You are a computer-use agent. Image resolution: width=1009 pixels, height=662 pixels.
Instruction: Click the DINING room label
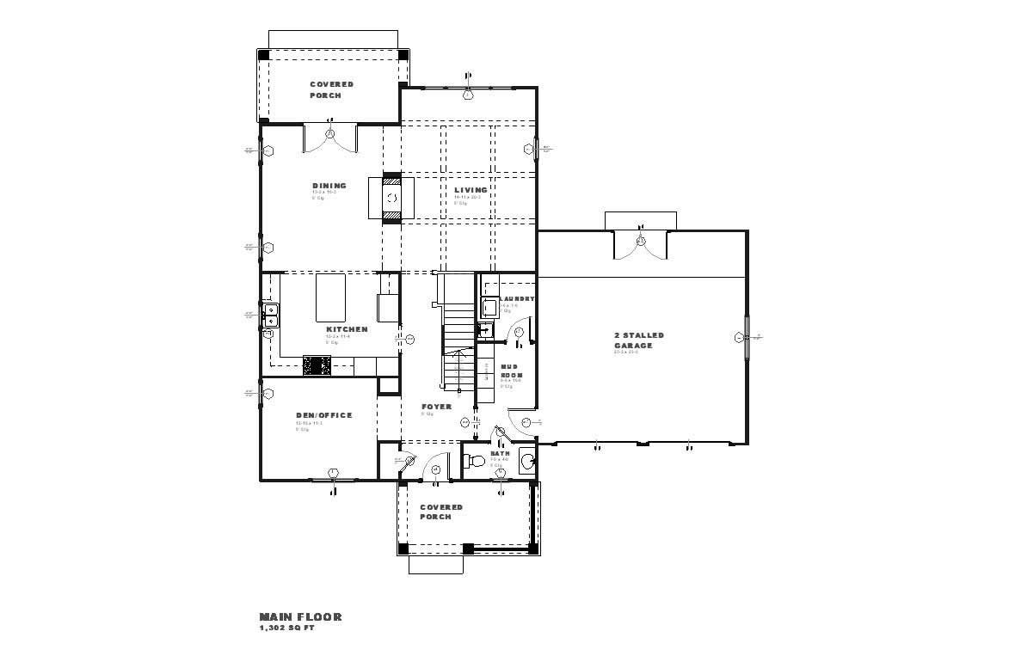(329, 186)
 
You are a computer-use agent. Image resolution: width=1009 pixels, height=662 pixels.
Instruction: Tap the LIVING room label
(471, 190)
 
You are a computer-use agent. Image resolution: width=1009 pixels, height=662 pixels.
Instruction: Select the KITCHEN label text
(347, 329)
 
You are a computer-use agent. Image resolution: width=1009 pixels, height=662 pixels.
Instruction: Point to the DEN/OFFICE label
(323, 415)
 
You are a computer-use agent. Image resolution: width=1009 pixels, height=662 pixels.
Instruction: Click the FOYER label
(436, 407)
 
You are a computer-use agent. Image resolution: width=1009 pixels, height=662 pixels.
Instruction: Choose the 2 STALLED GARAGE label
(638, 340)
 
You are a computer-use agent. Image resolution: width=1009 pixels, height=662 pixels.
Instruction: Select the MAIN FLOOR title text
(300, 616)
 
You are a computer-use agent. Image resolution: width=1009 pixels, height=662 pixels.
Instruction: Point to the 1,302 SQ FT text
(287, 628)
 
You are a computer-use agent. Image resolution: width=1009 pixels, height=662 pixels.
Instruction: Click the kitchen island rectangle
(329, 297)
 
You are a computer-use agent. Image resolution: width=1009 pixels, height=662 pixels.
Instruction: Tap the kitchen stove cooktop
(317, 366)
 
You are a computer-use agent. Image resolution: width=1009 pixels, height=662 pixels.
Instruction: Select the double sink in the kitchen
(269, 315)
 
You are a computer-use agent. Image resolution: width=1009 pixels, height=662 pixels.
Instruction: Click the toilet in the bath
(474, 462)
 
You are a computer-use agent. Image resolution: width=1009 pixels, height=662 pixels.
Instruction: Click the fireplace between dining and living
(391, 199)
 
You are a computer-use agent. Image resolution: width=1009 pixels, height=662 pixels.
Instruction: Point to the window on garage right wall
(746, 337)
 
